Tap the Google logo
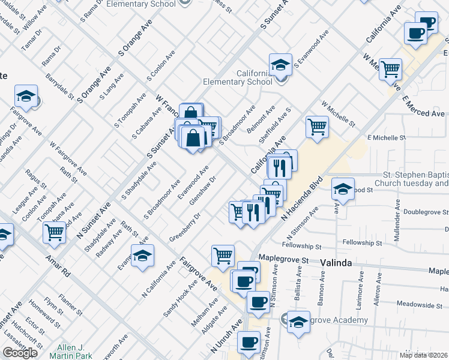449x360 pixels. coord(20,353)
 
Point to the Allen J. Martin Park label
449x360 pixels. coord(74,352)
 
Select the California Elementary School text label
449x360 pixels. coord(238,77)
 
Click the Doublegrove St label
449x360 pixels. coord(426,212)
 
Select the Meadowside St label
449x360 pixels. coord(427,304)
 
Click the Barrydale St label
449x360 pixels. coord(61,87)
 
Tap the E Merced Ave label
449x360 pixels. coord(423,106)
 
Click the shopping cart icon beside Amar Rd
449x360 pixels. coord(55,232)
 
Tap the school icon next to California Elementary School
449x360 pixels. coord(280,65)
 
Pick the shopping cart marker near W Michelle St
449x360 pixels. coord(317,126)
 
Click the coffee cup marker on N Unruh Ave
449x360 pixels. coord(248,343)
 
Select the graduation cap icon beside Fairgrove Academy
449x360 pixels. coord(298,322)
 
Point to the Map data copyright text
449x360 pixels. coord(424,355)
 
